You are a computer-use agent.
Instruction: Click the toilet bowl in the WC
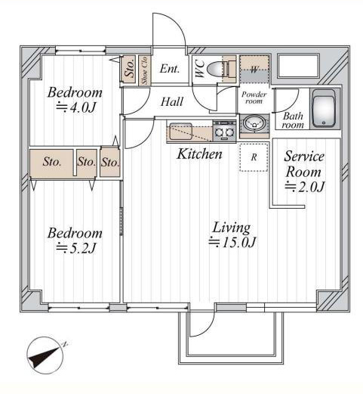coord(214,68)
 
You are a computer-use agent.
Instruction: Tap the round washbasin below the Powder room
coord(254,123)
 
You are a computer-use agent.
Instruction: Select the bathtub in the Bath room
coord(324,108)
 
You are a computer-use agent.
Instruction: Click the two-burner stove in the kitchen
coord(224,131)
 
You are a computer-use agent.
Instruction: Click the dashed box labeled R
coord(254,157)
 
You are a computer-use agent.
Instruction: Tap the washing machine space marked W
coord(254,70)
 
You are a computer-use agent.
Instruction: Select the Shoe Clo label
coord(144,70)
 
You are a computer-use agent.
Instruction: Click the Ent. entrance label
coord(170,69)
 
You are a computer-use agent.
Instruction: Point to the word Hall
coord(172,101)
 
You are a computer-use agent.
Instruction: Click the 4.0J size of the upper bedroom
coord(76,107)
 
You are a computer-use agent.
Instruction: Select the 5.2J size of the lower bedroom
coord(76,248)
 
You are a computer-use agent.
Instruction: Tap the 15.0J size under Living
coord(232,242)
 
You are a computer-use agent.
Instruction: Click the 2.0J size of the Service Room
coord(305,187)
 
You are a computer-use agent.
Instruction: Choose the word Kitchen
coord(199,154)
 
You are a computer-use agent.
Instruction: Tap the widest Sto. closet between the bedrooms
coord(51,163)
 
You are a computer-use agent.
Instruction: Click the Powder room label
coord(254,98)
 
